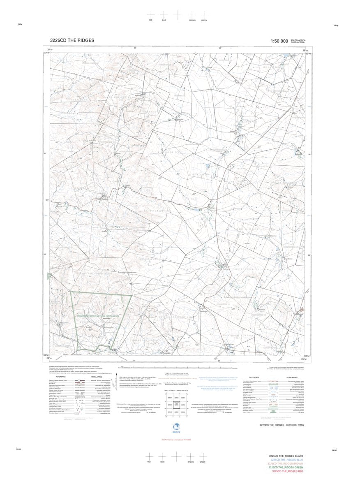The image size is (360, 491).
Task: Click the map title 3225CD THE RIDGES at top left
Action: pos(72,40)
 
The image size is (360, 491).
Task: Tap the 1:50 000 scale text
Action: pos(279,41)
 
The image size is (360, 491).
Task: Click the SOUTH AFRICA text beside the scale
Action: pos(298,39)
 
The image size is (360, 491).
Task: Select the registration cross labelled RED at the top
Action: pos(151,15)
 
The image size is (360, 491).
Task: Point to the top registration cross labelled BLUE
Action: pos(164,15)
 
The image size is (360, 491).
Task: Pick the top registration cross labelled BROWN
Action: pos(192,15)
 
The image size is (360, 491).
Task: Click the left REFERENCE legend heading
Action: pos(61,377)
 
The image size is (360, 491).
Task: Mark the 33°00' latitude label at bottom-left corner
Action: pos(46,355)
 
